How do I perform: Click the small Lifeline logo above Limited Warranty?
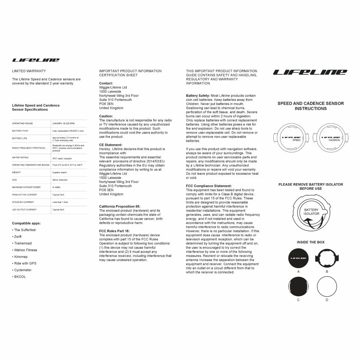tap(36, 60)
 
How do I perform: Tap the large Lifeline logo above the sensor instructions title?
tap(310, 72)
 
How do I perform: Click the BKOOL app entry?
tap(20, 277)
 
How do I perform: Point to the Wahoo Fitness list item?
tap(25, 250)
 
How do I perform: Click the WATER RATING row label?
tap(20, 157)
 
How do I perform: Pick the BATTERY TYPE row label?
tap(20, 131)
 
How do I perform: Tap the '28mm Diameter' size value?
tap(60, 180)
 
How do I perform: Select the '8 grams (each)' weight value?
tap(60, 172)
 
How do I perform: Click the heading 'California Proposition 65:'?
tap(120, 206)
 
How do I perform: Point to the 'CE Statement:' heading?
tap(111, 145)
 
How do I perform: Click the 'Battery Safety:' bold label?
tap(198, 96)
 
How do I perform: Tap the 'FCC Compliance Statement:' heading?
tap(209, 186)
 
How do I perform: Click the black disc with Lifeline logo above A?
tap(298, 258)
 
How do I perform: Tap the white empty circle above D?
tap(327, 287)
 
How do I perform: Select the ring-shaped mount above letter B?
tap(327, 258)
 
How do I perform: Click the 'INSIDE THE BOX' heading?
tap(310, 242)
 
